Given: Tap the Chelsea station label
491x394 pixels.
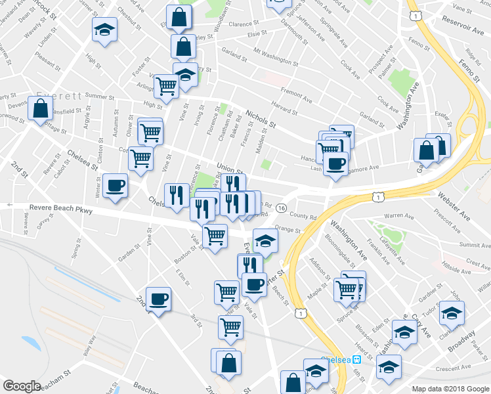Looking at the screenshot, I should pyautogui.click(x=335, y=360).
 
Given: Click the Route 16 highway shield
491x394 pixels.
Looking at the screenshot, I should pyautogui.click(x=281, y=208).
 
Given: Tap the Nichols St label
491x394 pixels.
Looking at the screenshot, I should pyautogui.click(x=261, y=119).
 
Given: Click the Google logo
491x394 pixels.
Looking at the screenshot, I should pyautogui.click(x=22, y=385).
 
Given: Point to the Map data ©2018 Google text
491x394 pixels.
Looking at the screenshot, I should pyautogui.click(x=450, y=388).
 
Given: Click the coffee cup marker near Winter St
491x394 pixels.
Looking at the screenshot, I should pyautogui.click(x=116, y=186).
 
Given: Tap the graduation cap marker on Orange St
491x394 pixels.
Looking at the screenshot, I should pyautogui.click(x=265, y=240).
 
